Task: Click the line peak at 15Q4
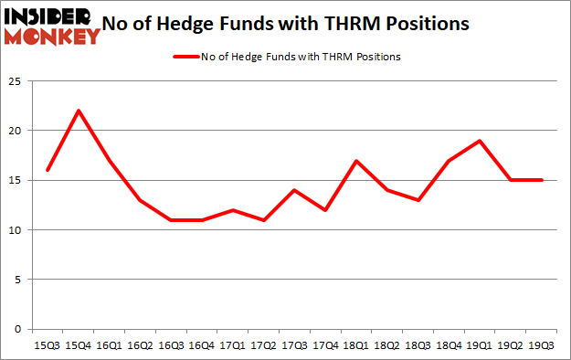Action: coord(79,111)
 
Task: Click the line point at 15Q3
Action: coord(47,170)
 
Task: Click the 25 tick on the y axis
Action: coord(16,80)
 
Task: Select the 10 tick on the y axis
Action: coord(16,229)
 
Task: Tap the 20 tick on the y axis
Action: coord(16,131)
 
